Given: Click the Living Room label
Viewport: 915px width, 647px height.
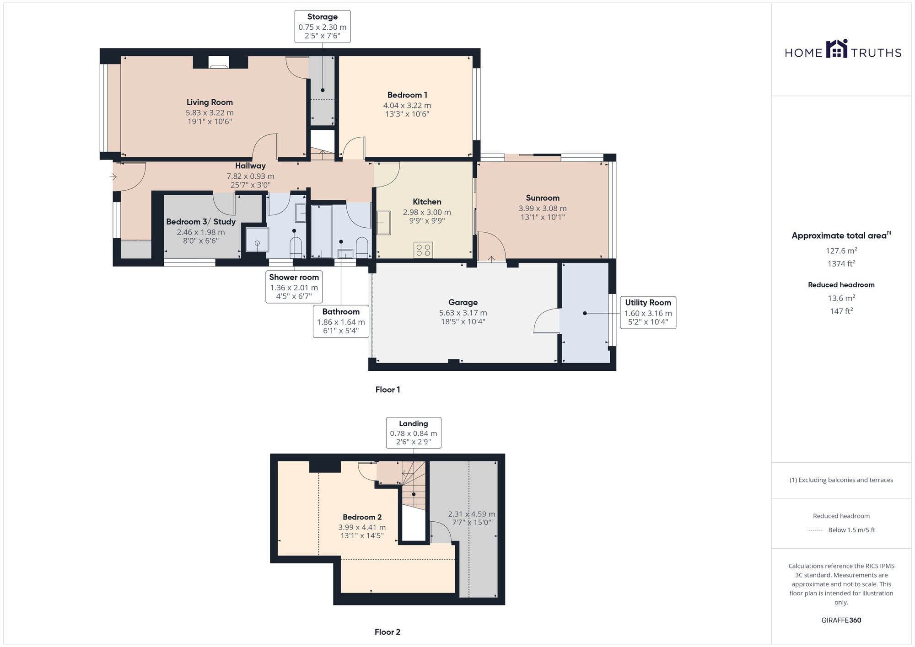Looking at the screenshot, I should coord(210,102).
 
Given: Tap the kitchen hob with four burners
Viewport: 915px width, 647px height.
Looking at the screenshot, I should coord(423,250).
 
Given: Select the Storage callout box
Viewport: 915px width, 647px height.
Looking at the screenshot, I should coord(322,27).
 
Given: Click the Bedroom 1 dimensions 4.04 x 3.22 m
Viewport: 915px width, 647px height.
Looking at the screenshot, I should coord(407,105).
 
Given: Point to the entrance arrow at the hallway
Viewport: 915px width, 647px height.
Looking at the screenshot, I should coord(113,176).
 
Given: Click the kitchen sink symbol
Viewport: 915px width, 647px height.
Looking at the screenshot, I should coord(383,223).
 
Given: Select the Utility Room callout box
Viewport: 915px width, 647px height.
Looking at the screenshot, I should coord(648,312).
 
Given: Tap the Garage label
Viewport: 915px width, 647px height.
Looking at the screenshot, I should coord(463,302).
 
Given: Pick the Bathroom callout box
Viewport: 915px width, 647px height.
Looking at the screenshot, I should coord(341,321).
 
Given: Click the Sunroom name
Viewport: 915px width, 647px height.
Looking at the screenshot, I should coord(542,198).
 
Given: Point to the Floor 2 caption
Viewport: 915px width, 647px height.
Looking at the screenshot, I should coord(387,632).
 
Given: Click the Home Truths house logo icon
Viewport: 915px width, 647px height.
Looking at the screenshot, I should coord(837,49).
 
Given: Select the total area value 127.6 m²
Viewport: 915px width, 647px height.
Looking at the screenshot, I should coord(841,251).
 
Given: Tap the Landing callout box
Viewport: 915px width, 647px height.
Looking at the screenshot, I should coord(413,433).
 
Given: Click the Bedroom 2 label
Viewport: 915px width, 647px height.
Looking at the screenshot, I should coord(362,517).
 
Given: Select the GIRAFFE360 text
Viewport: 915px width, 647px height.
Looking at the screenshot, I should coord(841,620).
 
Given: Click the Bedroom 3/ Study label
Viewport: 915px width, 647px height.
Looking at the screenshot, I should coord(200,222).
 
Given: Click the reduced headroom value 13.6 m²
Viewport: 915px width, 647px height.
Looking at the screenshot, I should coord(841,298).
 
